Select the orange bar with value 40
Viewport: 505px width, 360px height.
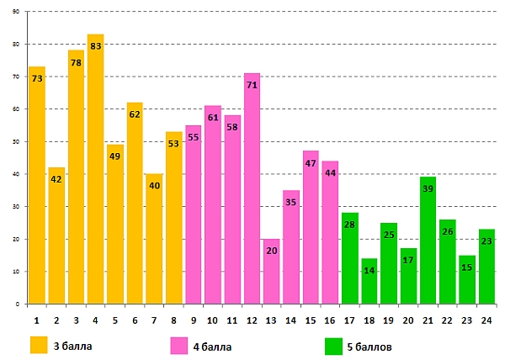(x=154, y=252)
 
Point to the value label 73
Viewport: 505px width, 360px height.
(x=37, y=78)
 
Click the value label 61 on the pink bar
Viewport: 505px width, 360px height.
(x=213, y=117)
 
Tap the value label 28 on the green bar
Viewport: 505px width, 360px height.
(x=350, y=225)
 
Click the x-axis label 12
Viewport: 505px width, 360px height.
(x=252, y=320)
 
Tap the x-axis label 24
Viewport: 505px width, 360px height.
(x=487, y=320)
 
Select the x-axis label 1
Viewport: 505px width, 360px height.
(x=37, y=320)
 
